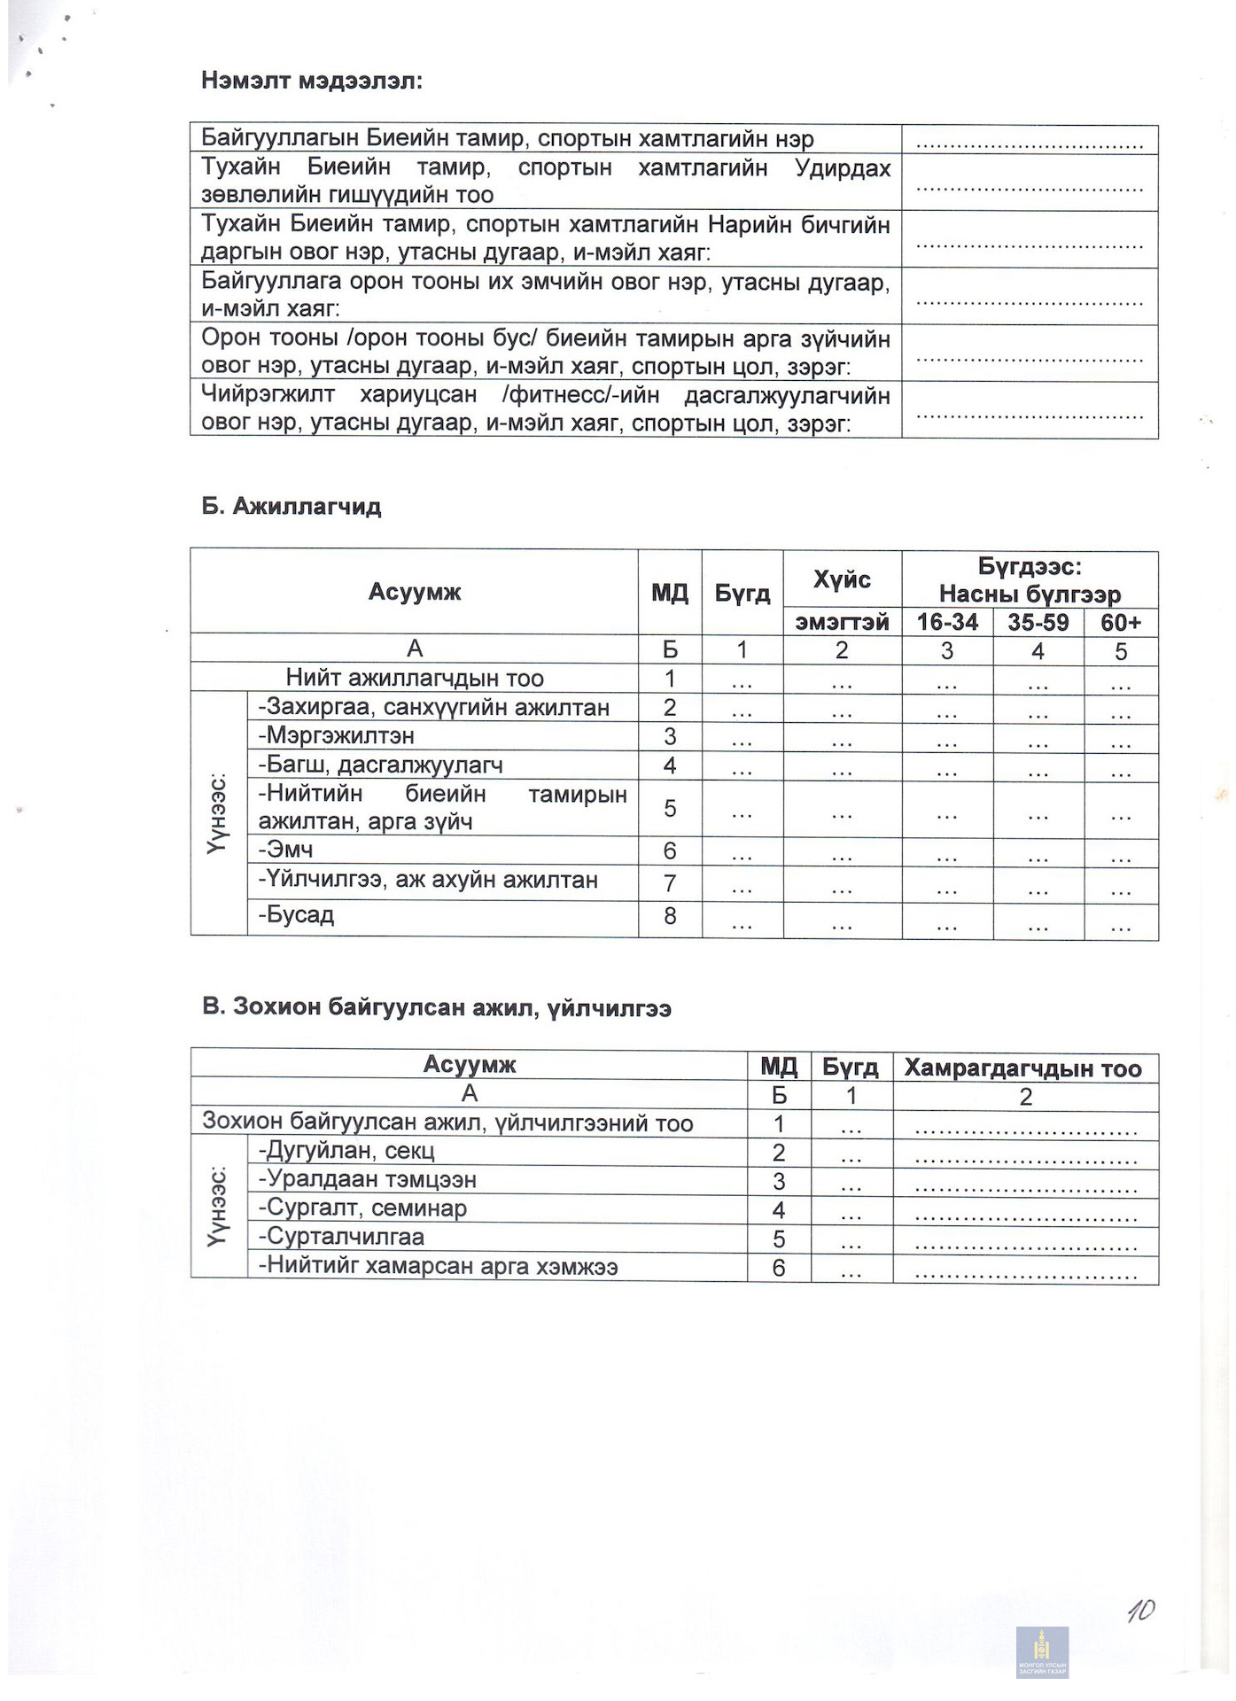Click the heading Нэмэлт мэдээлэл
tap(312, 82)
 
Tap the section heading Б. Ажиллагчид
tap(292, 507)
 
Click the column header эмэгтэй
tap(842, 622)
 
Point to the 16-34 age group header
tap(947, 622)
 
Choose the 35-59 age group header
tap(1038, 622)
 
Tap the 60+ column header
tap(1121, 622)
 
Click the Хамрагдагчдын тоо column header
tap(1023, 1068)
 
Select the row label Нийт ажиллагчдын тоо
tap(414, 679)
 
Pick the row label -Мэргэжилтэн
tap(337, 736)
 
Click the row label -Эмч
tap(285, 850)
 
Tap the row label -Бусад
tap(296, 914)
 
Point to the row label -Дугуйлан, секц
tap(346, 1151)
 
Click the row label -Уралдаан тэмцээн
tap(368, 1180)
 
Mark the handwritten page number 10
tap(1141, 1611)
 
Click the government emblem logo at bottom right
tap(1042, 1652)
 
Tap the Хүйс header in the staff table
tap(842, 580)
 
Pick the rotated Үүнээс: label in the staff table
tap(218, 813)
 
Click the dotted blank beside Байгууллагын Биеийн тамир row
tap(1030, 140)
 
